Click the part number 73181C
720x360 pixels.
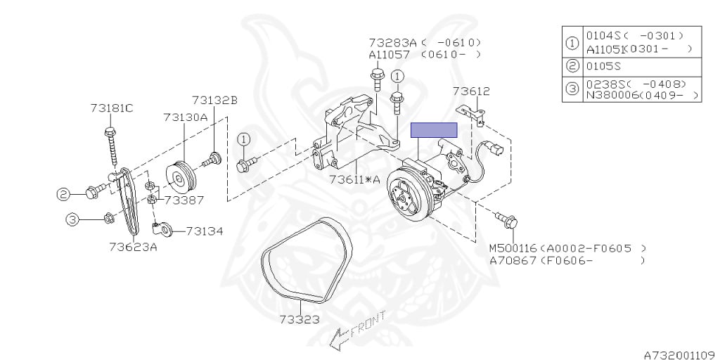[111, 108]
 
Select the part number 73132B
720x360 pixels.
[214, 101]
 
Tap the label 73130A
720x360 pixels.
[185, 118]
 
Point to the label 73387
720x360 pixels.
[184, 200]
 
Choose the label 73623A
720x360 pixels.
[133, 246]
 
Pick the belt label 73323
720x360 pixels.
[299, 319]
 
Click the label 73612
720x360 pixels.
[471, 91]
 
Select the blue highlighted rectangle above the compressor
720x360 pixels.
[434, 129]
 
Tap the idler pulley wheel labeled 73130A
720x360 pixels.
[181, 176]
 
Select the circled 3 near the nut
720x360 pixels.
[72, 220]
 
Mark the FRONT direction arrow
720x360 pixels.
[357, 332]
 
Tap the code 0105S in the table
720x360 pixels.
[603, 67]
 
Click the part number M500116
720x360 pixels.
[513, 248]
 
